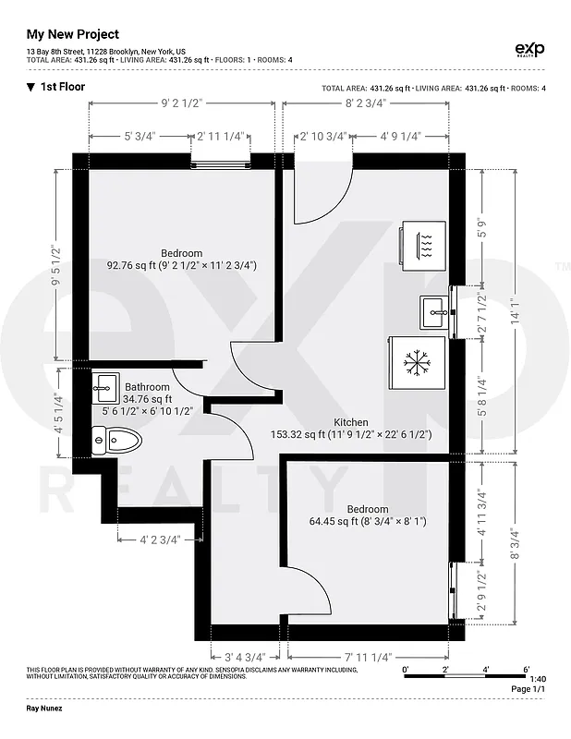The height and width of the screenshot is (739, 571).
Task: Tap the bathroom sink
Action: click(x=105, y=385)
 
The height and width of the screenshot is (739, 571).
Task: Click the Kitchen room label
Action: click(x=350, y=421)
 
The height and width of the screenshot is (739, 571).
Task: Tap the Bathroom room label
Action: click(x=147, y=387)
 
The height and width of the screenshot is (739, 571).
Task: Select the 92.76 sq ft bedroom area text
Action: click(x=181, y=265)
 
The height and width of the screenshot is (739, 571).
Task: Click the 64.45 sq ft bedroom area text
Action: click(x=367, y=521)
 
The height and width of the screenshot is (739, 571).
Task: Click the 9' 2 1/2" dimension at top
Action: click(x=181, y=103)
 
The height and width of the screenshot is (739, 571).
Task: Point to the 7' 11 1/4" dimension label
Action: click(x=368, y=657)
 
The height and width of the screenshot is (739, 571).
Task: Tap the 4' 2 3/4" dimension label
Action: click(x=160, y=539)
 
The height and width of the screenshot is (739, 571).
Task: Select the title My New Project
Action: click(x=72, y=34)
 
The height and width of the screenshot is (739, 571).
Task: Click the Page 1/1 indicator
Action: click(x=528, y=690)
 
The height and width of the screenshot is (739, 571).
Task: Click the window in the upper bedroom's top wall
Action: click(x=221, y=162)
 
